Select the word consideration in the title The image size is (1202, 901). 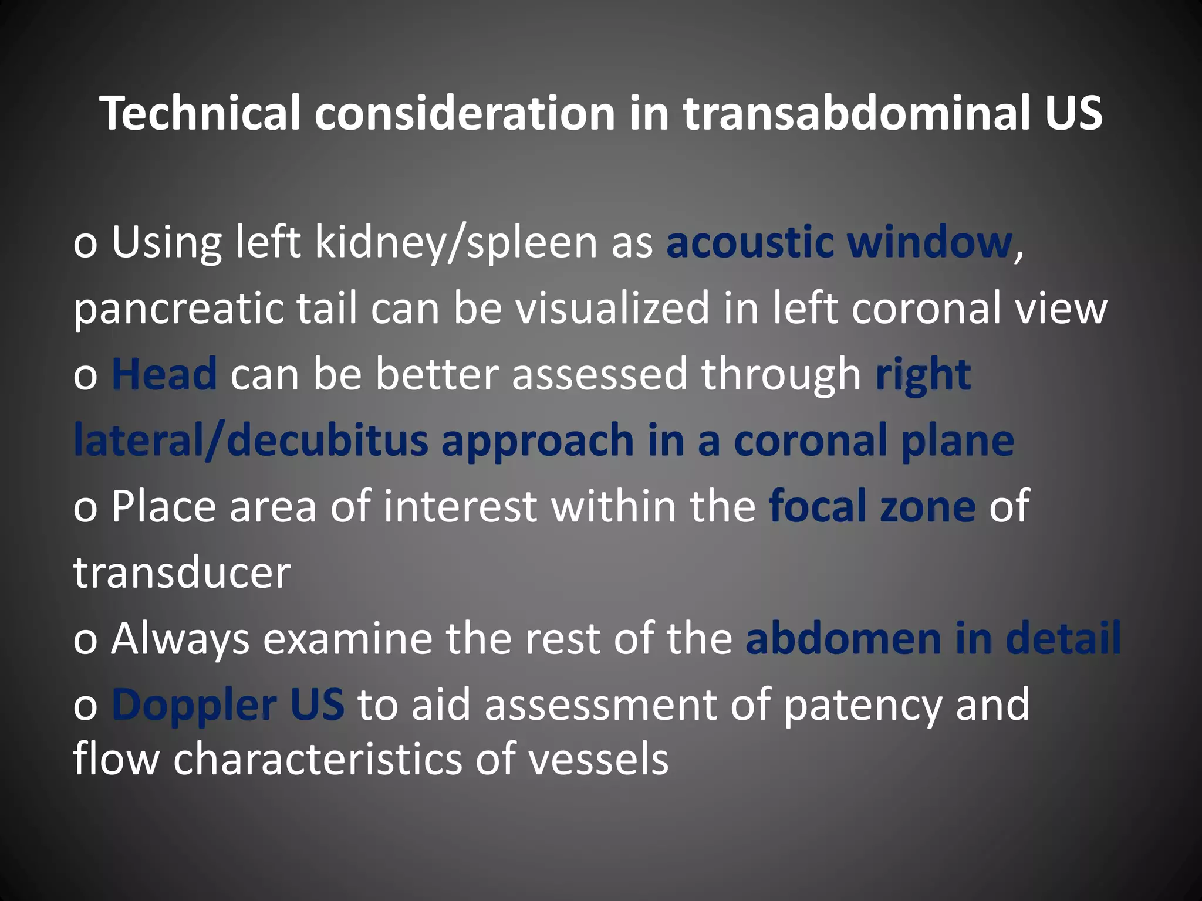pos(464,113)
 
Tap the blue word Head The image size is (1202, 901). pos(164,374)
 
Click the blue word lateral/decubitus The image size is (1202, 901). pos(251,440)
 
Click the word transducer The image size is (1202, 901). pos(182,573)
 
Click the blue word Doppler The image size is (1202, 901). pos(194,704)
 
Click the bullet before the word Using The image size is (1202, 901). pos(85,245)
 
